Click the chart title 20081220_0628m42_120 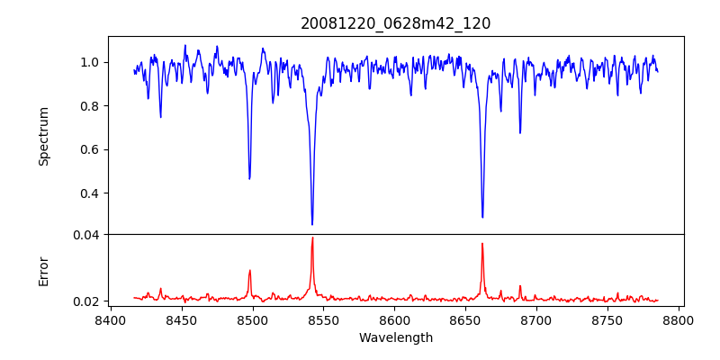[x=395, y=23]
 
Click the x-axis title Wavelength [x=395, y=337]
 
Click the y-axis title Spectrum [x=43, y=136]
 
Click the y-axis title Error [x=43, y=271]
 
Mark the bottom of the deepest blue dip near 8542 [x=312, y=225]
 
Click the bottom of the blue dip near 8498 [x=249, y=179]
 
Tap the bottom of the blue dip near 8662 [x=482, y=217]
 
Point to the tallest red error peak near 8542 [x=312, y=238]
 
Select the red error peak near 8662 [x=482, y=243]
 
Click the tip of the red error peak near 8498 [x=249, y=270]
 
